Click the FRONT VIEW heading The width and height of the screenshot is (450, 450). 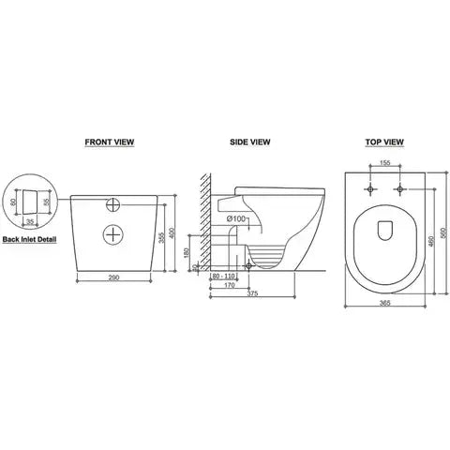pyautogui.click(x=111, y=143)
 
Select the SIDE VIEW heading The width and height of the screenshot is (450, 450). pyautogui.click(x=250, y=143)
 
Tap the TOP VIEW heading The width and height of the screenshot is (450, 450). pyautogui.click(x=384, y=143)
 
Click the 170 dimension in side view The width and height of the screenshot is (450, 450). pyautogui.click(x=229, y=287)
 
